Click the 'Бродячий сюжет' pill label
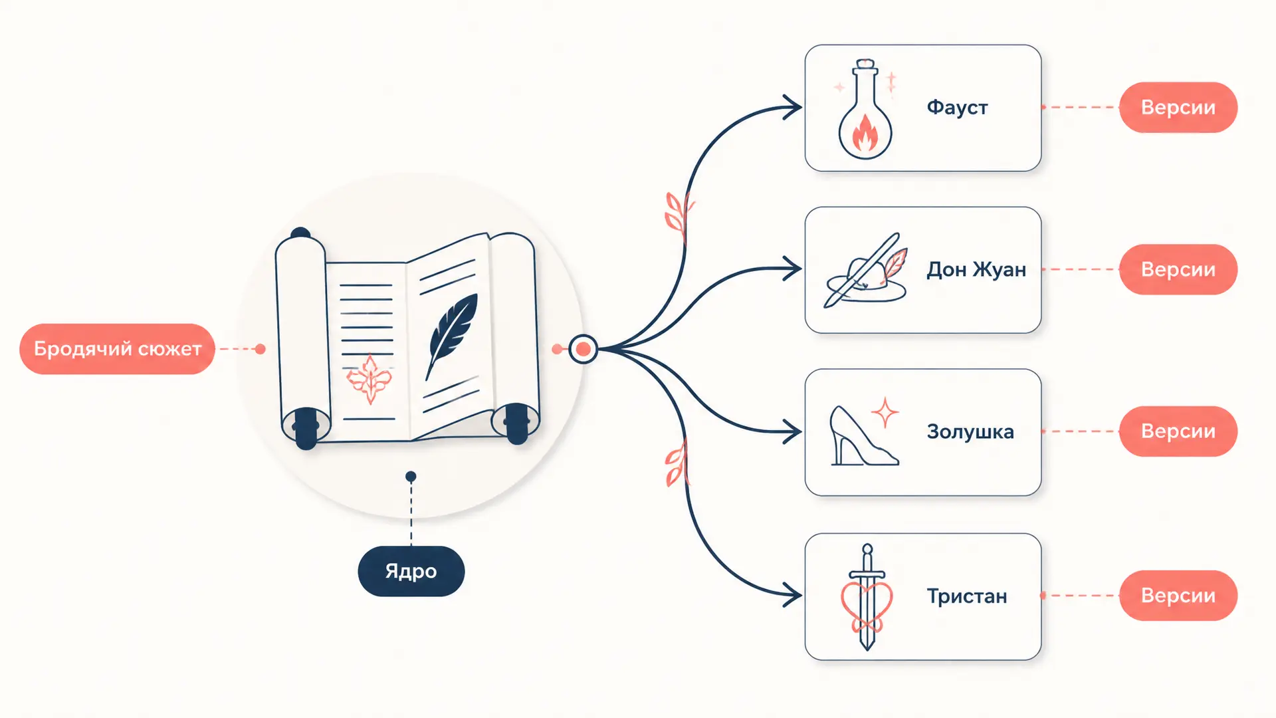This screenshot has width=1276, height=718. click(117, 349)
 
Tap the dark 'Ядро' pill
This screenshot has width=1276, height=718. click(411, 571)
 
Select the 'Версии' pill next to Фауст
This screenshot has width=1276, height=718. click(1178, 107)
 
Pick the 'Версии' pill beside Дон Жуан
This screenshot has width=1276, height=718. click(1178, 269)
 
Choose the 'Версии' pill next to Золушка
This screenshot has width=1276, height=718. click(1178, 431)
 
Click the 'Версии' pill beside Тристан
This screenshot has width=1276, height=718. click(1178, 596)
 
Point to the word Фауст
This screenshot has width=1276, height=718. click(957, 108)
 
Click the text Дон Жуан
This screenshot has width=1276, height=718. click(976, 269)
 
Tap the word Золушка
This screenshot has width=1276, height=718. click(970, 431)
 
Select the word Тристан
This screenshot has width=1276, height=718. click(967, 596)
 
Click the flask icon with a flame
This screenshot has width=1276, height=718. click(865, 109)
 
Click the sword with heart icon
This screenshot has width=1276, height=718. click(867, 597)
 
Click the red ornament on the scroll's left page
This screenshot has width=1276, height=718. click(370, 380)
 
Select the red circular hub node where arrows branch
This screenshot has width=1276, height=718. click(583, 349)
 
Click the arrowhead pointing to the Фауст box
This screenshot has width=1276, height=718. click(792, 107)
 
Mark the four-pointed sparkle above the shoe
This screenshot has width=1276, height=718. click(885, 413)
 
